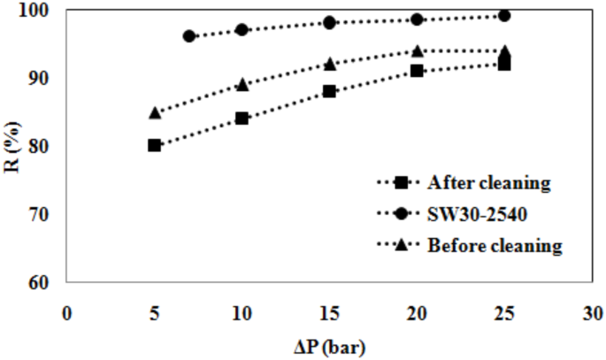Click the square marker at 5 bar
point(154,145)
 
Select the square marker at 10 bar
point(242,118)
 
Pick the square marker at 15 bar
point(329,91)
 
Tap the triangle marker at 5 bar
point(154,112)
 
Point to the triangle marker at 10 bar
point(242,85)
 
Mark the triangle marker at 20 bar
point(417,50)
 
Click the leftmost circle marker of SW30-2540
point(188,36)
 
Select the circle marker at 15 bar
point(329,22)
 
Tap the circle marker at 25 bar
point(504,15)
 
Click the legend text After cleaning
point(488,183)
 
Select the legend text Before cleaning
point(495,245)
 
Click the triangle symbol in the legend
point(400,245)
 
